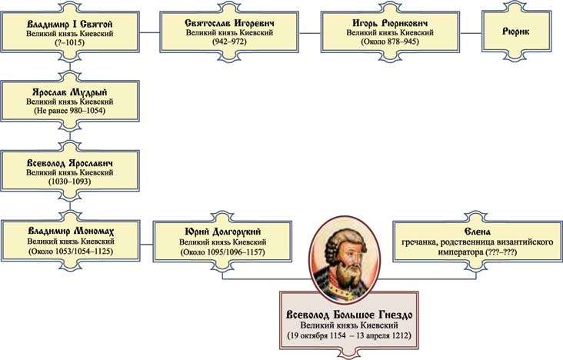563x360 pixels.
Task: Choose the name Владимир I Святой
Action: pos(70,23)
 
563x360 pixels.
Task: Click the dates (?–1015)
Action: pos(70,44)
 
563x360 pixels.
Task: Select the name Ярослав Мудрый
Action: pos(70,90)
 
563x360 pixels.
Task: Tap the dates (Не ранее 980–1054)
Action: pos(70,111)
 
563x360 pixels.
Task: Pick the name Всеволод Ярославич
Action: pos(70,164)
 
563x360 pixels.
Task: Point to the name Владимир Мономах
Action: pos(70,229)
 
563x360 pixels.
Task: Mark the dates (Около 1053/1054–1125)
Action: pos(70,250)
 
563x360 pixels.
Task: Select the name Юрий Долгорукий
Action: pos(221,229)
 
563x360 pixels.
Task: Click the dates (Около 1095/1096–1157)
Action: pos(221,250)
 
